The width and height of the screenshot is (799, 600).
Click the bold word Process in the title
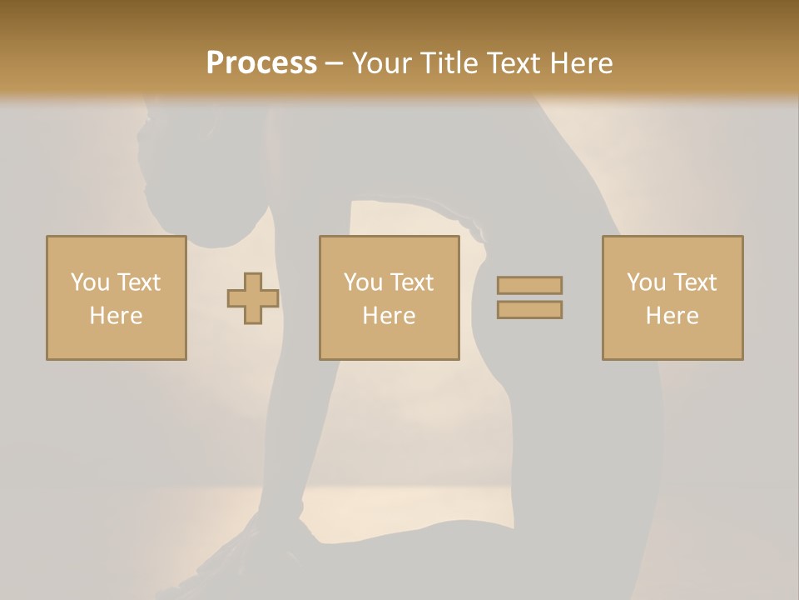click(x=261, y=63)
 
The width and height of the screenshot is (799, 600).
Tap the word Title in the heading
click(x=450, y=63)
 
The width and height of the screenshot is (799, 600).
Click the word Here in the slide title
click(x=581, y=63)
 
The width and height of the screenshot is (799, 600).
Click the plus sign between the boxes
click(x=253, y=298)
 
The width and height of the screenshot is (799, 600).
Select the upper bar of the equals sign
click(x=529, y=285)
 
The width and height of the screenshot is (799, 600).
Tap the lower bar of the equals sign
click(x=529, y=310)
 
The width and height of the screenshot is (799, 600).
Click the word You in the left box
click(x=89, y=282)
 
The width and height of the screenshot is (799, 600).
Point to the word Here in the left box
click(x=116, y=316)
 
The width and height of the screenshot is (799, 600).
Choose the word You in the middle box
click(x=363, y=282)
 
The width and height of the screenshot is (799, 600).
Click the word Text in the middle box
click(x=411, y=282)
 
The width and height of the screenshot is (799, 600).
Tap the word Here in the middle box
click(x=389, y=316)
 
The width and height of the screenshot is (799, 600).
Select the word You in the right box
click(x=646, y=282)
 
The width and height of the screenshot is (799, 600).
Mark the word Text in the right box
click(x=694, y=282)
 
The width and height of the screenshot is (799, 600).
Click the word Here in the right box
click(x=672, y=316)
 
